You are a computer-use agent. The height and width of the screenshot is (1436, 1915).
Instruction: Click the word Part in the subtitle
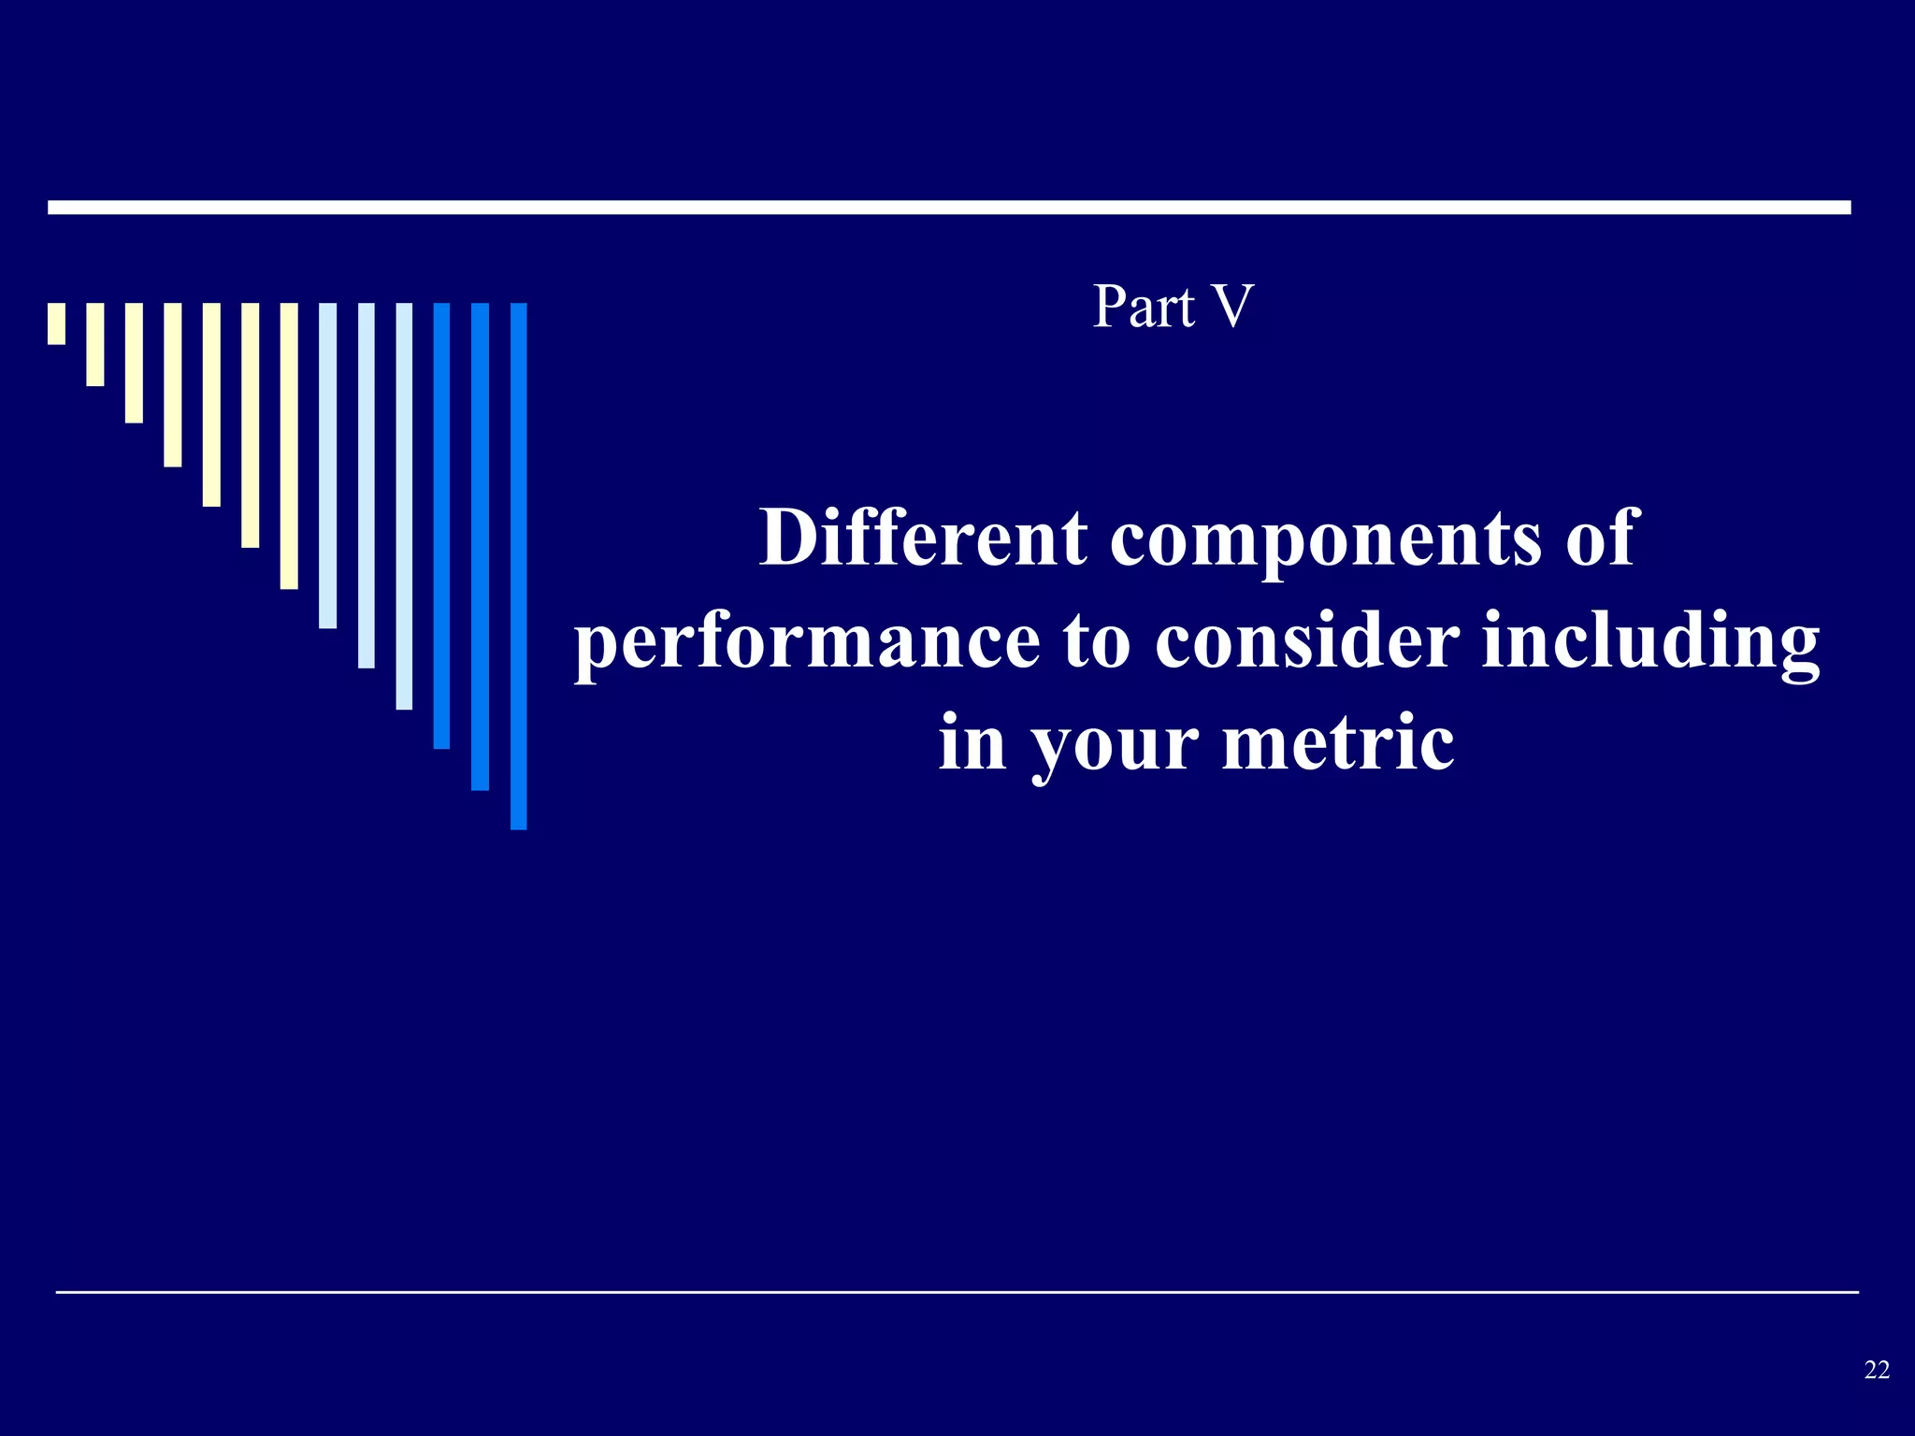coord(1144,307)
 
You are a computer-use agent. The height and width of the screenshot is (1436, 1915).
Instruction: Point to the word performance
coord(807,643)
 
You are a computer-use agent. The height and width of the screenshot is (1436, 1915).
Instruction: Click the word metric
coord(1338,743)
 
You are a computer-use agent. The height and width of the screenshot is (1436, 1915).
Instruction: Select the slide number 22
coord(1877,1370)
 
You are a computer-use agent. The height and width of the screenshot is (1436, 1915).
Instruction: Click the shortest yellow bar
coord(57,323)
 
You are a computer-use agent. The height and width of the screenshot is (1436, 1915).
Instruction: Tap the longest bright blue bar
coord(519,566)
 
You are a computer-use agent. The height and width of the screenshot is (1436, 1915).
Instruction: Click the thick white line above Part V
coord(949,208)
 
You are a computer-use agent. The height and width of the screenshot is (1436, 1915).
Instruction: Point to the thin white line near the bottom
coord(957,1292)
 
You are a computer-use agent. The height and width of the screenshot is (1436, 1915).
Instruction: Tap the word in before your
coord(972,743)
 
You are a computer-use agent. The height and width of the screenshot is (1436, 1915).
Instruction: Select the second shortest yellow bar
coord(95,344)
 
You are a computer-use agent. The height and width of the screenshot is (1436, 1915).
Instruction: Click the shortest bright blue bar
coord(441,525)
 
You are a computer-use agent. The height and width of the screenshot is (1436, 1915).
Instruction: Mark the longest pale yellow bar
coord(289,446)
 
